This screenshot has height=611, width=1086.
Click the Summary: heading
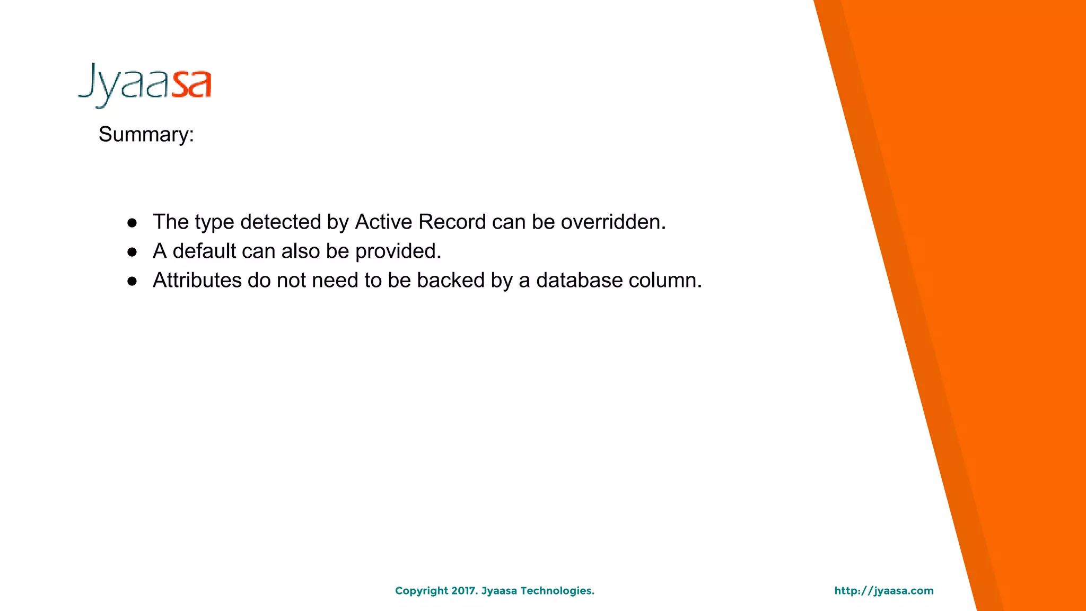click(x=146, y=135)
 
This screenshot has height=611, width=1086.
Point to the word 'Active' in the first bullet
click(x=383, y=222)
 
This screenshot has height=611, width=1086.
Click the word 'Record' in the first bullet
click(x=452, y=222)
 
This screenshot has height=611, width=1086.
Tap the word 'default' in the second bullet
click(x=204, y=251)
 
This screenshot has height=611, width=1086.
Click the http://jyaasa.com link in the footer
click(x=883, y=591)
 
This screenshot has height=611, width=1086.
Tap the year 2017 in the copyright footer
click(x=464, y=591)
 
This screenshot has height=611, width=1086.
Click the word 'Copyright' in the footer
click(x=422, y=591)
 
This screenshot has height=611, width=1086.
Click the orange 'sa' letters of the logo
click(x=191, y=85)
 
